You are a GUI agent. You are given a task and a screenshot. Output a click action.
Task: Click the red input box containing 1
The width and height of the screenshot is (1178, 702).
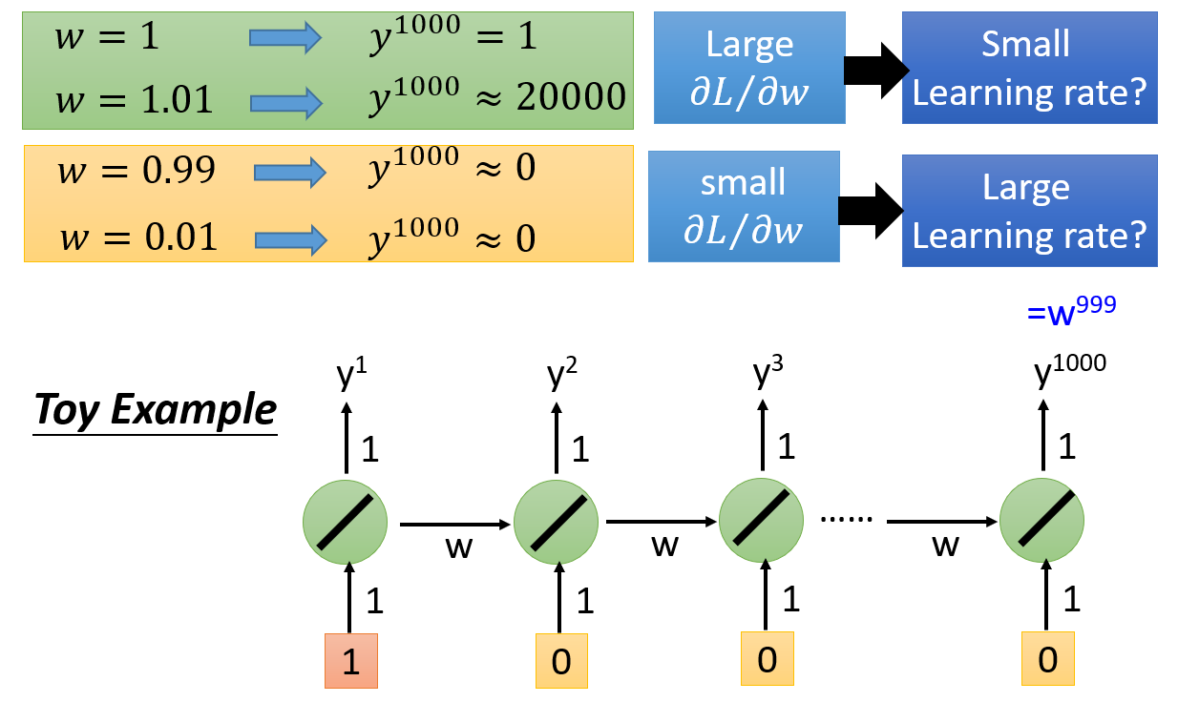click(x=351, y=660)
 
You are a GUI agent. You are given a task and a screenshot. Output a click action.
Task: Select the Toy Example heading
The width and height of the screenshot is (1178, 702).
click(x=156, y=410)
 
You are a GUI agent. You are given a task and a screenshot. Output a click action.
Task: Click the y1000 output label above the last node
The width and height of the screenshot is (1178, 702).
click(x=1070, y=369)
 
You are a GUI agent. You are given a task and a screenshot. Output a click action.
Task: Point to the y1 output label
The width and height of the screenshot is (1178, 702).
click(x=352, y=372)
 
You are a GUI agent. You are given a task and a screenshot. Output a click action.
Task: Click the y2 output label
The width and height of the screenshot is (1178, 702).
click(x=561, y=372)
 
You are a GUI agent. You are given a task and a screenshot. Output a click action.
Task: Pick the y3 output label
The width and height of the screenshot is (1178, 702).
click(x=768, y=370)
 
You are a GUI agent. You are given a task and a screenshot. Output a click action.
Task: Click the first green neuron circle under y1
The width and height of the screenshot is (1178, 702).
click(x=345, y=522)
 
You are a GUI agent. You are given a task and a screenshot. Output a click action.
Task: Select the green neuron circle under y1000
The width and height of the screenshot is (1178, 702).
click(x=1041, y=520)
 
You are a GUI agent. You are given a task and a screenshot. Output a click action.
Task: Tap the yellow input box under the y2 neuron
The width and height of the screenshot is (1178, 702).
click(x=561, y=660)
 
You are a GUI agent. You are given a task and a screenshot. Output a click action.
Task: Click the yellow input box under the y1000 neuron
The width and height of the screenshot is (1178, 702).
click(x=1048, y=658)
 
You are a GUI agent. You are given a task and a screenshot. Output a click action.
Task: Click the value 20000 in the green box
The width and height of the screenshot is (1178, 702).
click(x=571, y=96)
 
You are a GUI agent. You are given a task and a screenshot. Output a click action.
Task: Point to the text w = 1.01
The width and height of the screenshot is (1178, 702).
click(x=134, y=99)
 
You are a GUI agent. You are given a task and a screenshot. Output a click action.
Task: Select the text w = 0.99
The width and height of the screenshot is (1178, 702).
click(x=137, y=170)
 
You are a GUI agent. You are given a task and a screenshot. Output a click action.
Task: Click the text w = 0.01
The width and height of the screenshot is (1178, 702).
click(x=138, y=237)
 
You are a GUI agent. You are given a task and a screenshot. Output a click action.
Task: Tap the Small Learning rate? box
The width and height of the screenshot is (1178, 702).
click(x=1030, y=68)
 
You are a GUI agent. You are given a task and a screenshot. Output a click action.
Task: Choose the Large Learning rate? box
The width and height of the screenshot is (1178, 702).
click(x=1030, y=211)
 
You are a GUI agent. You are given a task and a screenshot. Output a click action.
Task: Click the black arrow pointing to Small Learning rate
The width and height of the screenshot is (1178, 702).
click(x=876, y=71)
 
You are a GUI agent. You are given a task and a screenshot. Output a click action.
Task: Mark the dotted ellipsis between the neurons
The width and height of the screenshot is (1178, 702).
click(x=846, y=519)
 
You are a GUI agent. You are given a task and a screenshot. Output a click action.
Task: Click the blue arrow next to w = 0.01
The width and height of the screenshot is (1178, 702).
click(x=291, y=240)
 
